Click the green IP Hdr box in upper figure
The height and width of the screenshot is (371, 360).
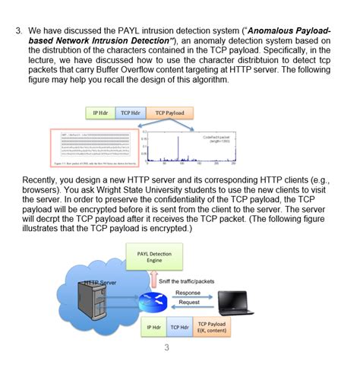100,113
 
